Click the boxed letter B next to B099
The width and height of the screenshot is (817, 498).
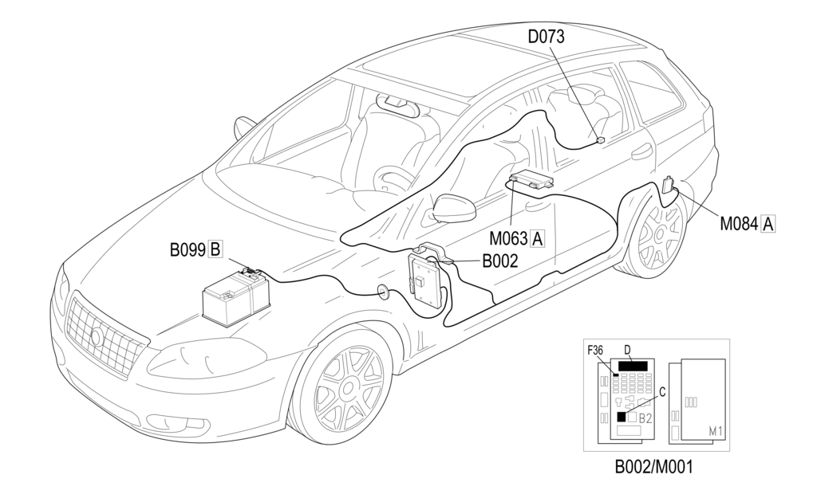(215, 249)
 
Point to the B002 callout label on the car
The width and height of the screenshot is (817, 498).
(499, 261)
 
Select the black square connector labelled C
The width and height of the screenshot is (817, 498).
(622, 416)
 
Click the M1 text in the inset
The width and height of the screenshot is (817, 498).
(716, 431)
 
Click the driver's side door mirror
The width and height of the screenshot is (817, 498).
(453, 209)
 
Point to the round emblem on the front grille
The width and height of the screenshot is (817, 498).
(97, 336)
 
